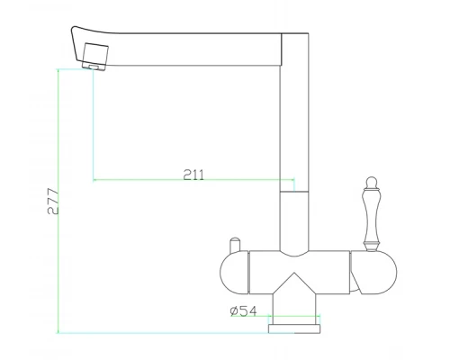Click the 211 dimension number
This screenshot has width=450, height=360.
pyautogui.click(x=193, y=175)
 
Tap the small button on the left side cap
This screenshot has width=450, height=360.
pyautogui.click(x=235, y=244)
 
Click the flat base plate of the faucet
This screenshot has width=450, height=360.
pyautogui.click(x=293, y=328)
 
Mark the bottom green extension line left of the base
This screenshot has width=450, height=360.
pyautogui.click(x=162, y=333)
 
